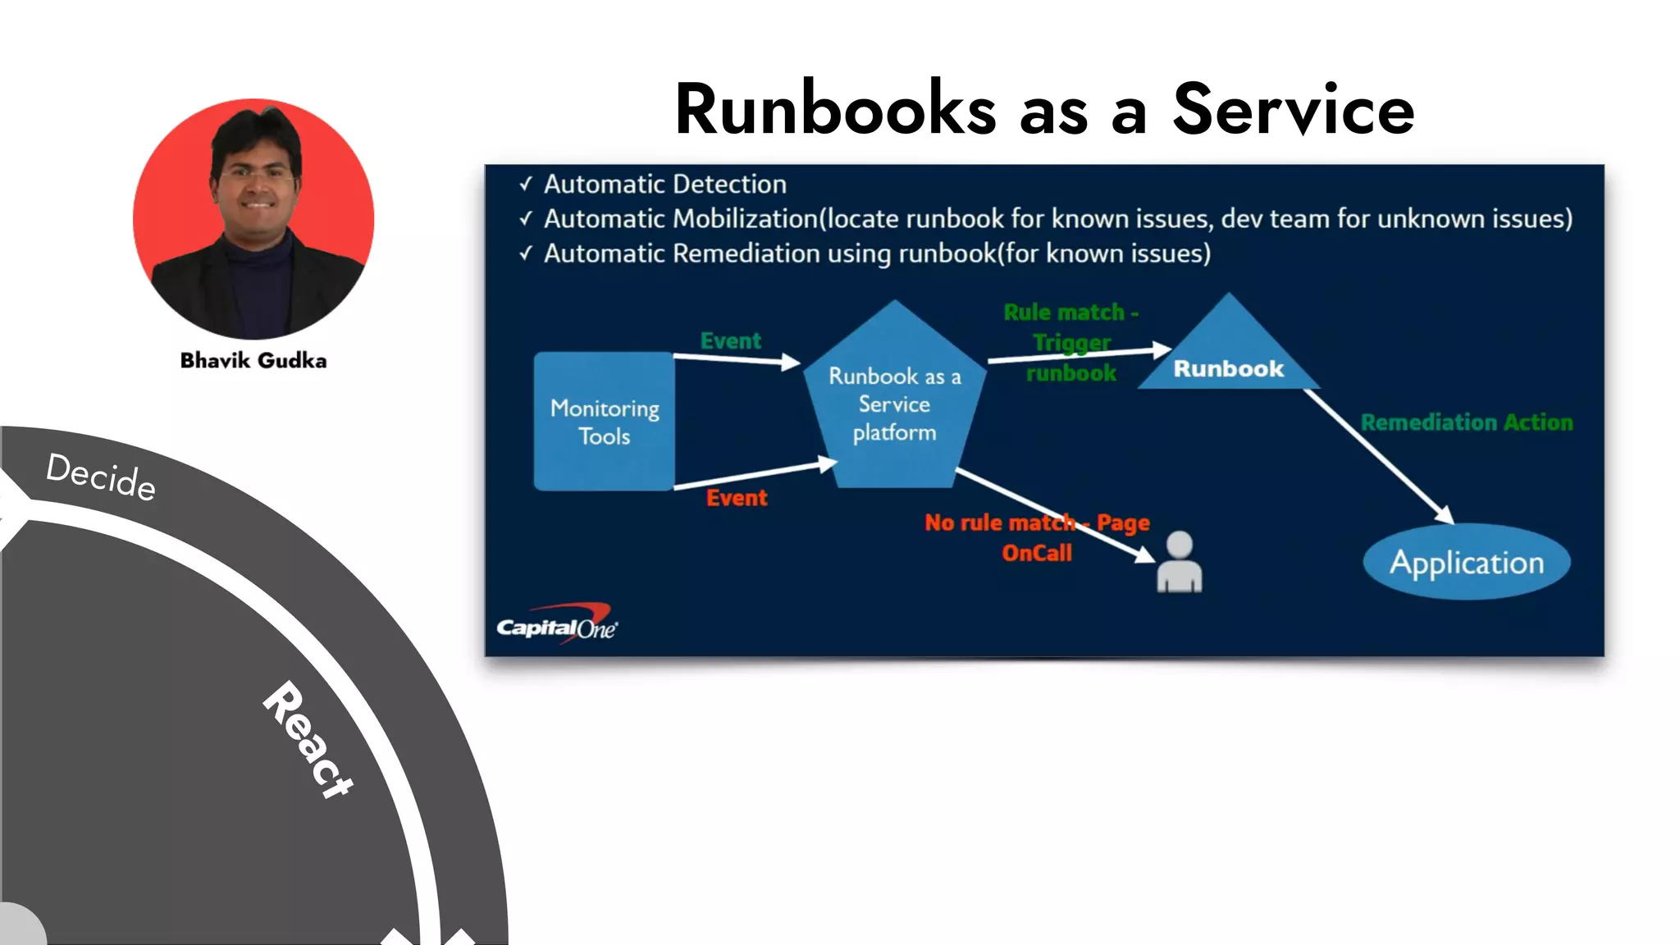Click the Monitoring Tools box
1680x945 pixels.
click(605, 422)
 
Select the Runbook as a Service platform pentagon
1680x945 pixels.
click(894, 404)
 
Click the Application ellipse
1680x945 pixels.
click(1467, 563)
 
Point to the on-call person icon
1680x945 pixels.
click(1179, 563)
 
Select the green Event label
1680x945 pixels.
click(730, 340)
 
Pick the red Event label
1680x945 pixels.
click(737, 498)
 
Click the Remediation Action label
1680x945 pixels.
click(1467, 422)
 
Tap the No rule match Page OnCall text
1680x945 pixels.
click(1037, 537)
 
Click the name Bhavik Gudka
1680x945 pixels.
click(253, 360)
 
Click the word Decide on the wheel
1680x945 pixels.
click(101, 477)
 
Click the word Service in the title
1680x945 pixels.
click(1293, 109)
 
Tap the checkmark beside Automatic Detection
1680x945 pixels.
click(526, 185)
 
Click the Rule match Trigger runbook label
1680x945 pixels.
click(1071, 342)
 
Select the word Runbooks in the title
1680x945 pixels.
click(835, 109)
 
